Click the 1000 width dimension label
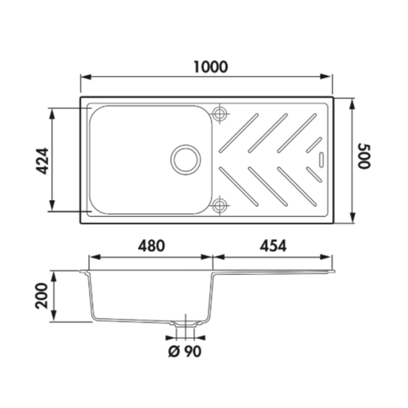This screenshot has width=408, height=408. click(x=211, y=67)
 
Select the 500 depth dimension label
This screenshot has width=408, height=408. click(x=364, y=156)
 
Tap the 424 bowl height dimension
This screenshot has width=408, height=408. click(x=42, y=161)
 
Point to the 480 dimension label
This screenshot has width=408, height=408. click(x=151, y=246)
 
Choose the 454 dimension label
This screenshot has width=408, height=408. click(x=273, y=246)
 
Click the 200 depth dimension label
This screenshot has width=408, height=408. click(x=42, y=295)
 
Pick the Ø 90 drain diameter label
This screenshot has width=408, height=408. click(x=185, y=351)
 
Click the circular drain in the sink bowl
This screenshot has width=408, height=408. click(x=186, y=159)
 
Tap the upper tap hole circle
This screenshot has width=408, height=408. click(x=220, y=113)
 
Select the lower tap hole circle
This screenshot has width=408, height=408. click(x=220, y=205)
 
